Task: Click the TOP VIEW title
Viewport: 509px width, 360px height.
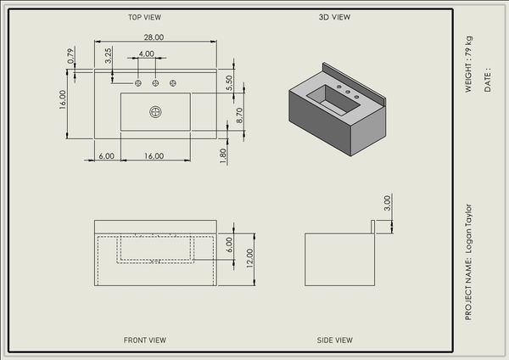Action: click(x=144, y=17)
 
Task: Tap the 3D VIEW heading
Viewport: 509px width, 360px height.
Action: click(x=334, y=17)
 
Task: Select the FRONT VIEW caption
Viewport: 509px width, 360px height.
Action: click(x=145, y=340)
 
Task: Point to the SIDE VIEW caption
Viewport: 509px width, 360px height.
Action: click(x=335, y=340)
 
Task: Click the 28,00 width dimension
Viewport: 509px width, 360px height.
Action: click(x=154, y=37)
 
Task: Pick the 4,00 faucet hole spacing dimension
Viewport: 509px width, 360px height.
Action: click(x=147, y=53)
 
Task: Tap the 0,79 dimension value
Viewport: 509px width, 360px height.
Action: click(x=70, y=56)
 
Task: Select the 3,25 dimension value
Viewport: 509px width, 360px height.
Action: click(x=109, y=55)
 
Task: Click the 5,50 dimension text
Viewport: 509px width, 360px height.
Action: click(x=229, y=83)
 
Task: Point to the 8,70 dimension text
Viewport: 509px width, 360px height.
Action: click(x=239, y=115)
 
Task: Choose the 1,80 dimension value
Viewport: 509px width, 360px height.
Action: click(x=222, y=156)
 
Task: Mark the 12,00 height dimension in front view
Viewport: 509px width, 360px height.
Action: click(x=249, y=258)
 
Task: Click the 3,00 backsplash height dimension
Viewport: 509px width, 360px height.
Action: click(x=387, y=203)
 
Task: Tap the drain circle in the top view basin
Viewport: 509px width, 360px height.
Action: click(x=155, y=112)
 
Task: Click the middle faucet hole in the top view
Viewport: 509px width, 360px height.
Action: click(x=155, y=83)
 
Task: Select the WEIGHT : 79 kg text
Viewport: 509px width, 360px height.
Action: click(x=468, y=65)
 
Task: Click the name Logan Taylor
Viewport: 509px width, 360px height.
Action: click(x=468, y=228)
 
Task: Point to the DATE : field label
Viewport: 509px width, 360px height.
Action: click(x=488, y=80)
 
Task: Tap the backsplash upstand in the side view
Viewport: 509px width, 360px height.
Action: click(x=373, y=227)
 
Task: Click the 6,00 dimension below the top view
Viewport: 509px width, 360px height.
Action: click(x=107, y=156)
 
